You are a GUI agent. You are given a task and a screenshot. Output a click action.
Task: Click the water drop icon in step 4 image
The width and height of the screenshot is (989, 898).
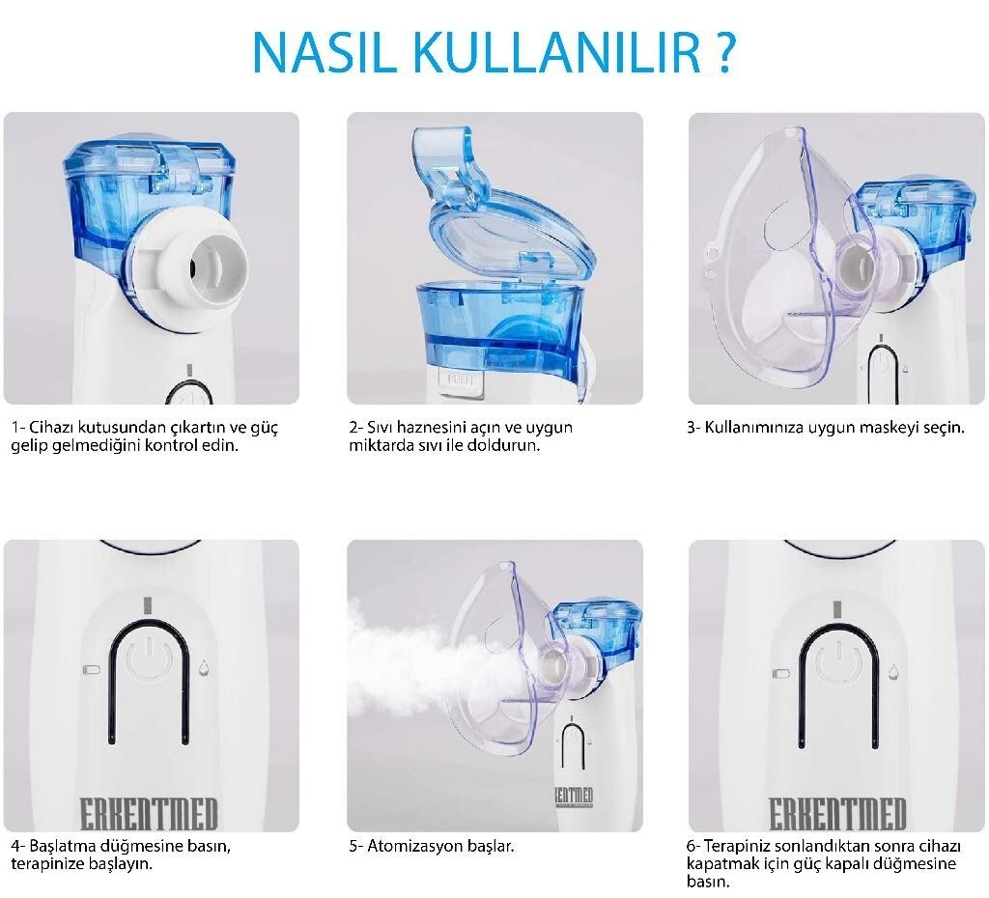[203, 668]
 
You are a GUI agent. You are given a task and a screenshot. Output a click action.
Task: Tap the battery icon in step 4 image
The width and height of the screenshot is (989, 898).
[92, 669]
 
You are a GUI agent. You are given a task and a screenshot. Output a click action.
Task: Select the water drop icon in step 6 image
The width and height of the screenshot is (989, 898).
[894, 669]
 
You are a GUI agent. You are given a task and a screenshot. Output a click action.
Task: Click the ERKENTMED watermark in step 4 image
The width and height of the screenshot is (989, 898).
[149, 813]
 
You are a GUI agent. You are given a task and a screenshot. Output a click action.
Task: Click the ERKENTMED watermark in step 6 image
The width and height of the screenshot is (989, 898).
[837, 813]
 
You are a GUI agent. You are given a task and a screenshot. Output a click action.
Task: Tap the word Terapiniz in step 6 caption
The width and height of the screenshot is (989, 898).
[737, 846]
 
